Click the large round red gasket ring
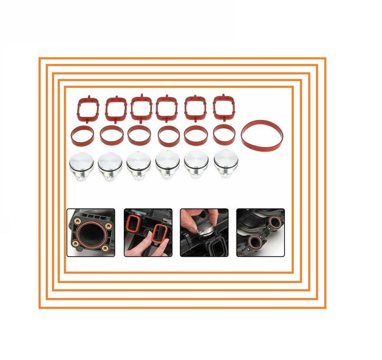click(x=262, y=136)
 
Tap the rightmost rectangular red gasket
click(x=223, y=107)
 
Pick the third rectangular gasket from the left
click(x=140, y=107)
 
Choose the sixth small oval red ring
click(x=224, y=135)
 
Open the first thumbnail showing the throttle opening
click(x=90, y=232)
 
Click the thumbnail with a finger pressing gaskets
click(x=148, y=232)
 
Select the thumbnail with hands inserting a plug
click(x=204, y=232)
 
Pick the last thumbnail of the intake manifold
click(x=260, y=232)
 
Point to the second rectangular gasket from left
click(x=116, y=109)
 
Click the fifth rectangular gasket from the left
click(x=195, y=107)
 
